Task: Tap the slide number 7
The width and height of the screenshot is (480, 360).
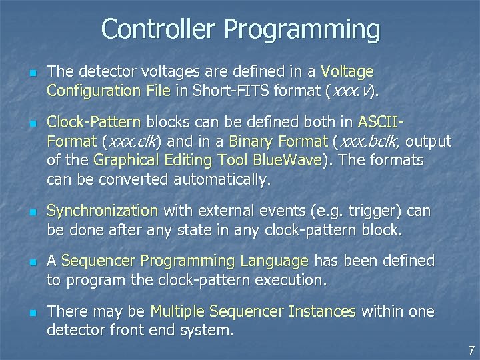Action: coord(471,349)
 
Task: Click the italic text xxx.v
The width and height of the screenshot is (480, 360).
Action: coord(353,89)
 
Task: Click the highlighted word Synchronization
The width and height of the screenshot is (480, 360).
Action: coord(102,211)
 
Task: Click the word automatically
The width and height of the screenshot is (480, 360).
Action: coord(222,179)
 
